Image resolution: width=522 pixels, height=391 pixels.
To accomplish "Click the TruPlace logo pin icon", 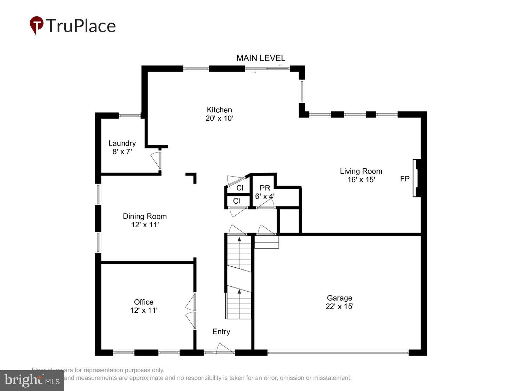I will coord(36,25).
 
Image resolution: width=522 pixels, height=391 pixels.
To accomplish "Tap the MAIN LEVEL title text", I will coord(261,58).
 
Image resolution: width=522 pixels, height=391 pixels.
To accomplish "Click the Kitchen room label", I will coord(219,110).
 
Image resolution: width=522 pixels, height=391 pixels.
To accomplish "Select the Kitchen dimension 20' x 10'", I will coord(219,118).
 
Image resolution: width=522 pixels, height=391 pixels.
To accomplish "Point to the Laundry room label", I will coord(122,143).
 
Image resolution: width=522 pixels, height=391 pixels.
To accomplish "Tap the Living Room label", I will coord(361,171).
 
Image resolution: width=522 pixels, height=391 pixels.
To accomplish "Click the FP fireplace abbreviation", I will coord(405,179).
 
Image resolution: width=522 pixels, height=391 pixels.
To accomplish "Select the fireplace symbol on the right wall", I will coord(417,178).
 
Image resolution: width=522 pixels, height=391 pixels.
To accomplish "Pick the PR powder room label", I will coord(265,188).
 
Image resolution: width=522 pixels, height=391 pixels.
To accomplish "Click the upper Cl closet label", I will coord(240,188).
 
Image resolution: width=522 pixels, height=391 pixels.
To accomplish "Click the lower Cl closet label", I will coord(237,201).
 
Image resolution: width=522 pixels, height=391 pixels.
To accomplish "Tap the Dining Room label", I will coord(145,216).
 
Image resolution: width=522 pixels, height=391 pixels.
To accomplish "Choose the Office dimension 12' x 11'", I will coord(144,310).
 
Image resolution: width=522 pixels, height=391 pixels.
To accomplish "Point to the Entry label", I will coord(221,332).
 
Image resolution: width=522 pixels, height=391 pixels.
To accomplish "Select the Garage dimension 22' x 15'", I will coord(339,306).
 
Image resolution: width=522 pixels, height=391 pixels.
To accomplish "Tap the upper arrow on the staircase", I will coord(239,239).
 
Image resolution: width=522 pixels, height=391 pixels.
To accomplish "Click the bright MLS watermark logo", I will coord(32,380).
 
